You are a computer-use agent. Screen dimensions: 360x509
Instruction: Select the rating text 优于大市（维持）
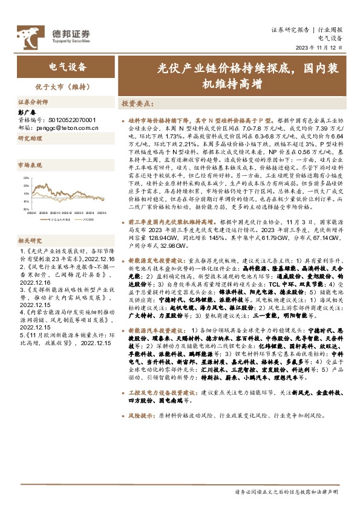tap(67, 86)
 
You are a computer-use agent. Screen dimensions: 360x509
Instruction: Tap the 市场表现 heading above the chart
tap(30, 164)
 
